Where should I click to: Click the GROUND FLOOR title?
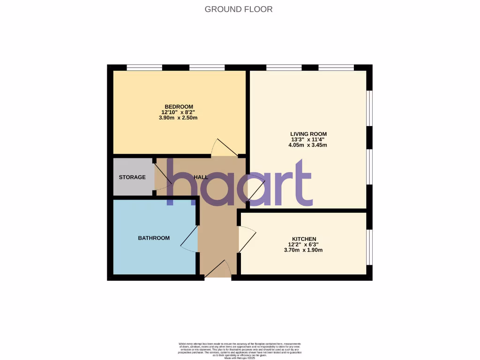pyautogui.click(x=239, y=9)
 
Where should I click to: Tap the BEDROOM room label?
pyautogui.click(x=179, y=106)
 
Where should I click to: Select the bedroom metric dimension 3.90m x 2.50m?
pyautogui.click(x=179, y=118)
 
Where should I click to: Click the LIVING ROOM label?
pyautogui.click(x=307, y=134)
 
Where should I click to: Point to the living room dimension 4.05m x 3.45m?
pyautogui.click(x=307, y=145)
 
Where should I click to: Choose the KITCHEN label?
pyautogui.click(x=303, y=239)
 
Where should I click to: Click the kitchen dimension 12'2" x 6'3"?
pyautogui.click(x=303, y=244)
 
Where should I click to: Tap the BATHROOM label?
pyautogui.click(x=154, y=238)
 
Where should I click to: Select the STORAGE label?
pyautogui.click(x=132, y=177)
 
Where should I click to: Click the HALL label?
pyautogui.click(x=201, y=177)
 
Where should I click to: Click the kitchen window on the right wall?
pyautogui.click(x=370, y=247)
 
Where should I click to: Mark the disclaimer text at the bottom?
pyautogui.click(x=240, y=350)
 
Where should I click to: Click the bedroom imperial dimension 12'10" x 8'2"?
pyautogui.click(x=179, y=112)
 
